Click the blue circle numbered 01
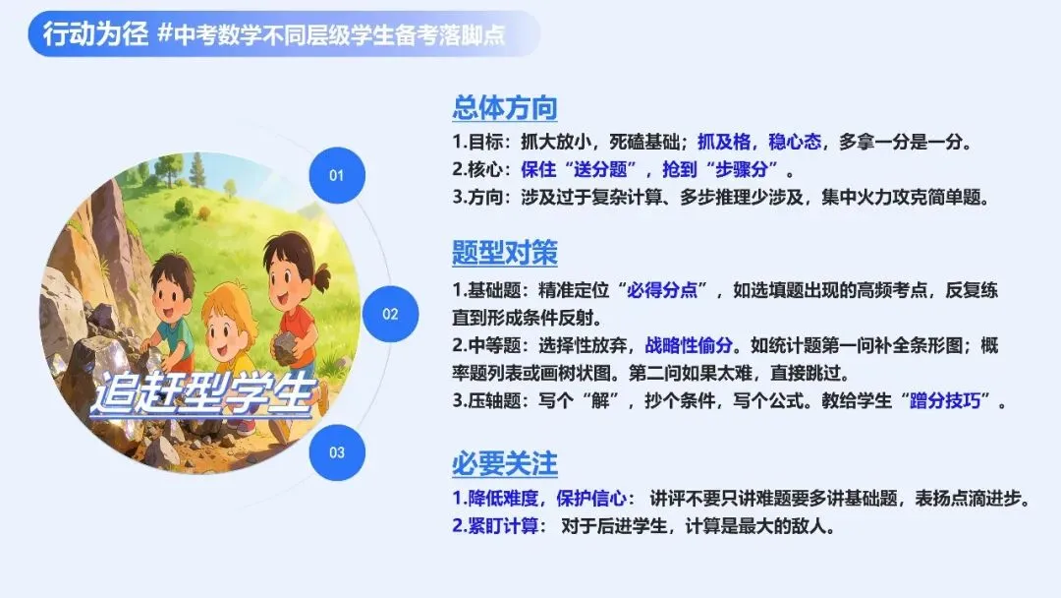[337, 175]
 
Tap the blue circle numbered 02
[390, 314]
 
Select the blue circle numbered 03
[337, 452]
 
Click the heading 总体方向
[504, 107]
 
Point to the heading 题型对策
[504, 253]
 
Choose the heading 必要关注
[504, 463]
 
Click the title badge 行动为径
[94, 33]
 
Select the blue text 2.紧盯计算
[495, 526]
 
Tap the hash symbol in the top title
[165, 34]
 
